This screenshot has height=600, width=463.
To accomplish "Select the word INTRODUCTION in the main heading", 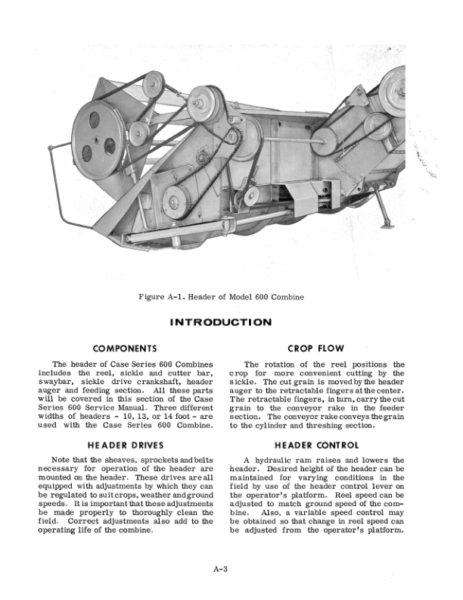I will [221, 322].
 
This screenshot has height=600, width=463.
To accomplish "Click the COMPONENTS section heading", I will [125, 348].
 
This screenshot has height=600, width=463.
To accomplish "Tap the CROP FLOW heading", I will [317, 348].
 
